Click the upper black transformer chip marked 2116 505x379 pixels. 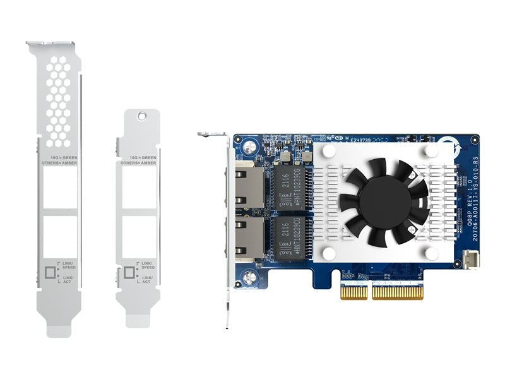[x=288, y=186]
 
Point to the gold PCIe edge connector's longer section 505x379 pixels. [x=398, y=292]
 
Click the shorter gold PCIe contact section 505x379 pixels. [x=353, y=292]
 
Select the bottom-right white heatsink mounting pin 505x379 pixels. [x=432, y=253]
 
